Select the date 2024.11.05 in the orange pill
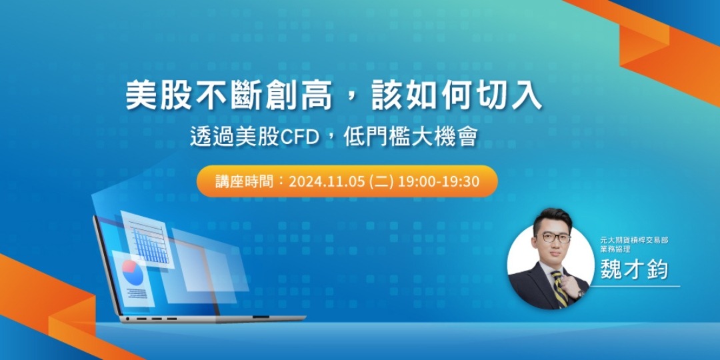tap(327, 181)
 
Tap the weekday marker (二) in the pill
tap(382, 181)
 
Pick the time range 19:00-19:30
tap(439, 181)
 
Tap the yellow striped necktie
tap(559, 287)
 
